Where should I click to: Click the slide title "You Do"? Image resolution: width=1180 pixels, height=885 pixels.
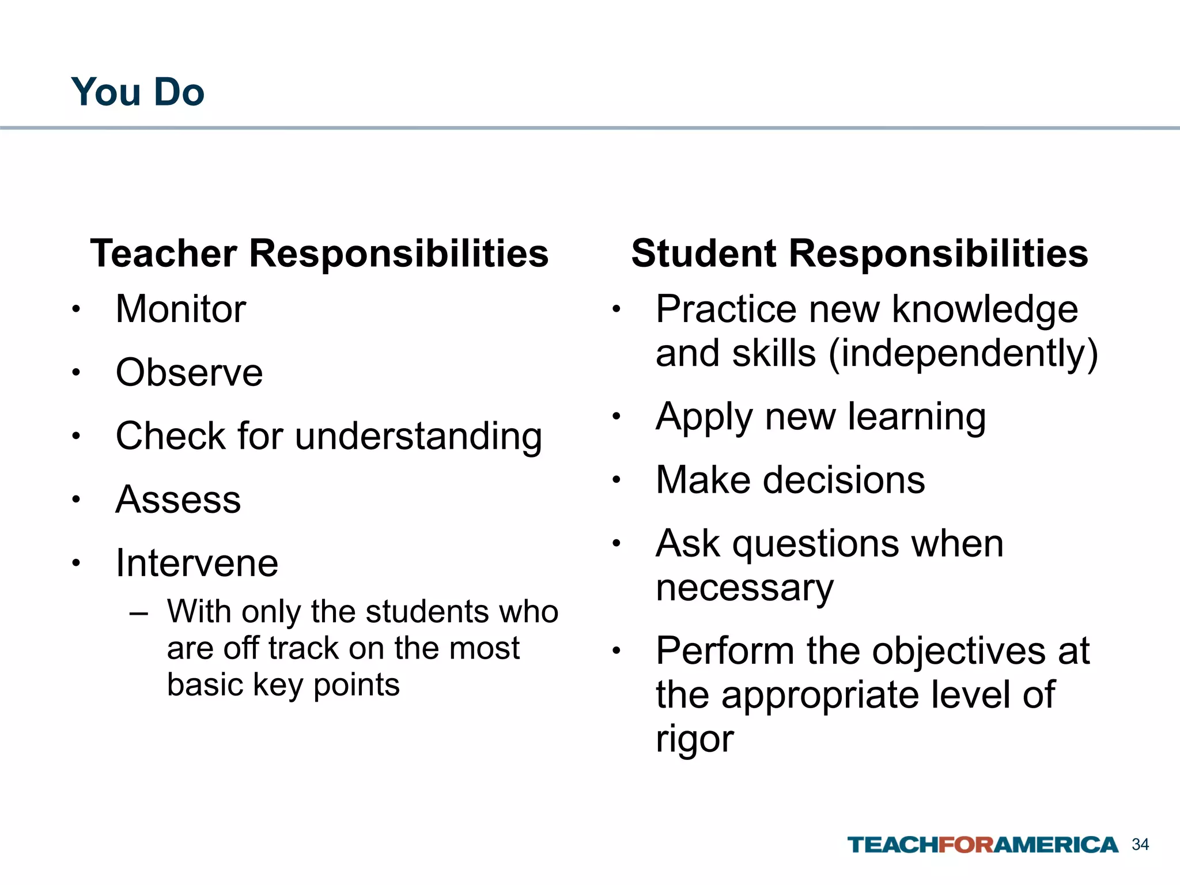click(x=138, y=92)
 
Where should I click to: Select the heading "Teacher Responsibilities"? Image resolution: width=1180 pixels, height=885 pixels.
click(x=319, y=254)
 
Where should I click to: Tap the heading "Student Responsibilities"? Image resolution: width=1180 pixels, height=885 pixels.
click(x=860, y=254)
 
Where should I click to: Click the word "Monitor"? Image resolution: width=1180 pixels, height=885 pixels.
click(x=181, y=309)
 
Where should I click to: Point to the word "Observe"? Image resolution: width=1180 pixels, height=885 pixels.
click(x=189, y=373)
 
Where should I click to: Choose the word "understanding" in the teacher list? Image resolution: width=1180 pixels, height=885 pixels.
click(x=418, y=436)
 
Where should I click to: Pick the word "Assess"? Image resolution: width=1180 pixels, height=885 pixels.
click(x=178, y=500)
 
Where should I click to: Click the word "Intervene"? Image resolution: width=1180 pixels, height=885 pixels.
click(x=197, y=563)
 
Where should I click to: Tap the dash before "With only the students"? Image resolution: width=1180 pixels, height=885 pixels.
click(x=139, y=612)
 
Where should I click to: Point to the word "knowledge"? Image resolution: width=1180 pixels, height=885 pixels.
click(x=985, y=309)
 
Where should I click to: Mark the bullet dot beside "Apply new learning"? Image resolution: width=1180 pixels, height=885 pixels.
click(x=616, y=416)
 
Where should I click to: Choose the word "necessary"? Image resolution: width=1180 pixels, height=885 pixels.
click(x=744, y=588)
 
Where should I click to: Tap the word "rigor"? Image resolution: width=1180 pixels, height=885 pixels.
click(x=695, y=739)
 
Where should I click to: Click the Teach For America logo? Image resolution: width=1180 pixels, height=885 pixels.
click(x=982, y=845)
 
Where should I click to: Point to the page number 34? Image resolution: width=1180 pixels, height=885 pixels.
click(x=1140, y=845)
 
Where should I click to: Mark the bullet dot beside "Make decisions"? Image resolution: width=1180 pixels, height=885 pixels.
click(x=616, y=479)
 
